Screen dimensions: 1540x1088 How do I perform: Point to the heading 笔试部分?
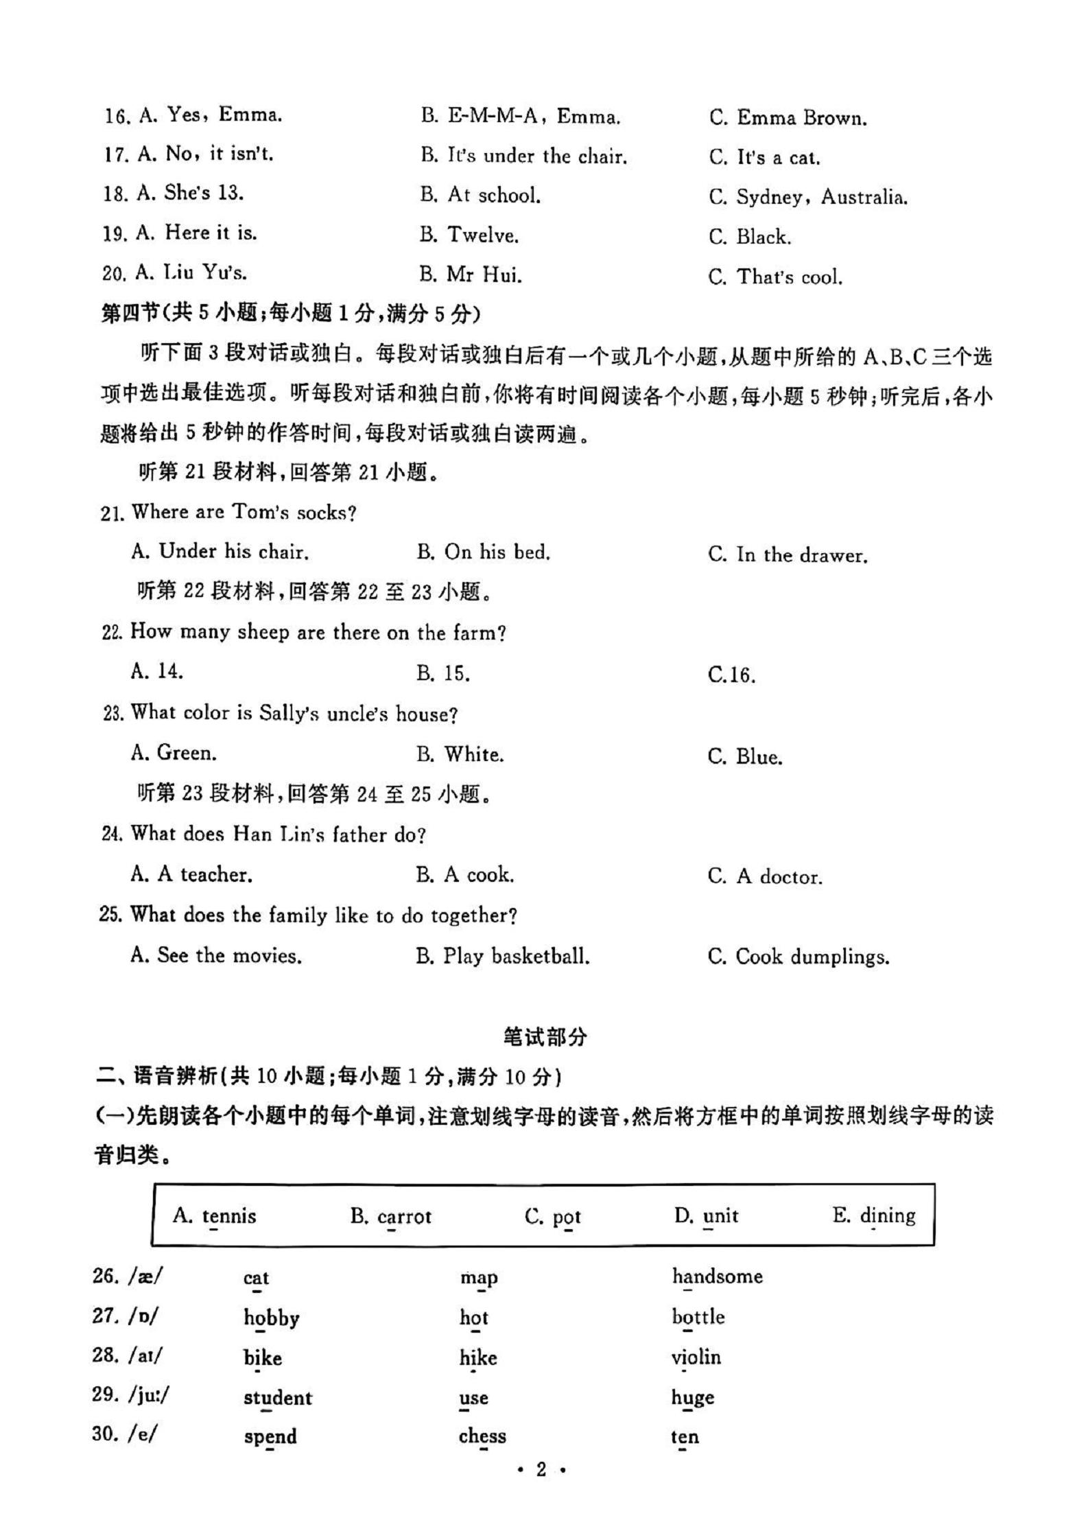point(545,1037)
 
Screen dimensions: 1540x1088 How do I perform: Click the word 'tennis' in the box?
point(229,1217)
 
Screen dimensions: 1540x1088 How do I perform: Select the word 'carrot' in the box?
point(404,1217)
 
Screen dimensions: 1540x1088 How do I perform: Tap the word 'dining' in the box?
point(888,1216)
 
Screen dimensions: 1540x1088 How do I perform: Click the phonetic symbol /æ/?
point(129,1276)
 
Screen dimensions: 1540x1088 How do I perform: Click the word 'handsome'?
point(717,1276)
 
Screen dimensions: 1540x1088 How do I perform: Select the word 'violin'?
point(696,1357)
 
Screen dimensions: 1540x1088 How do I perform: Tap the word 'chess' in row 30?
point(482,1436)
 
